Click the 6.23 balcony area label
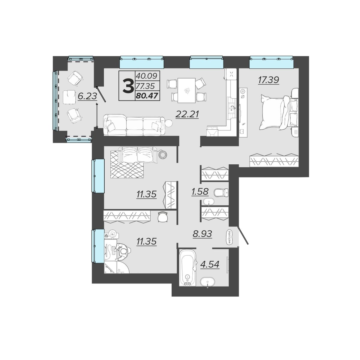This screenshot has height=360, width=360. [x=87, y=96]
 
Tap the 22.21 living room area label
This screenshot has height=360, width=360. [x=187, y=114]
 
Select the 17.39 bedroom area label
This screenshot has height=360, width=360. [x=268, y=80]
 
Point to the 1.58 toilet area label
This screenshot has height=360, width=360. [x=200, y=191]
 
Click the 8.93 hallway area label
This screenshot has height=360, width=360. [x=202, y=233]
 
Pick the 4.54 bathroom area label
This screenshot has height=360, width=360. [x=210, y=264]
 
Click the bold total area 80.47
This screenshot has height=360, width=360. [x=147, y=96]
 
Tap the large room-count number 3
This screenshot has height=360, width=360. [x=128, y=86]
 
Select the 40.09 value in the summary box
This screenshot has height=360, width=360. [x=147, y=76]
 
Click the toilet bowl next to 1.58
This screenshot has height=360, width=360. [x=221, y=192]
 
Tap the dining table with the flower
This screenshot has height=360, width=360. [x=187, y=90]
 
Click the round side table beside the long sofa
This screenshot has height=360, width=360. [x=169, y=123]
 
